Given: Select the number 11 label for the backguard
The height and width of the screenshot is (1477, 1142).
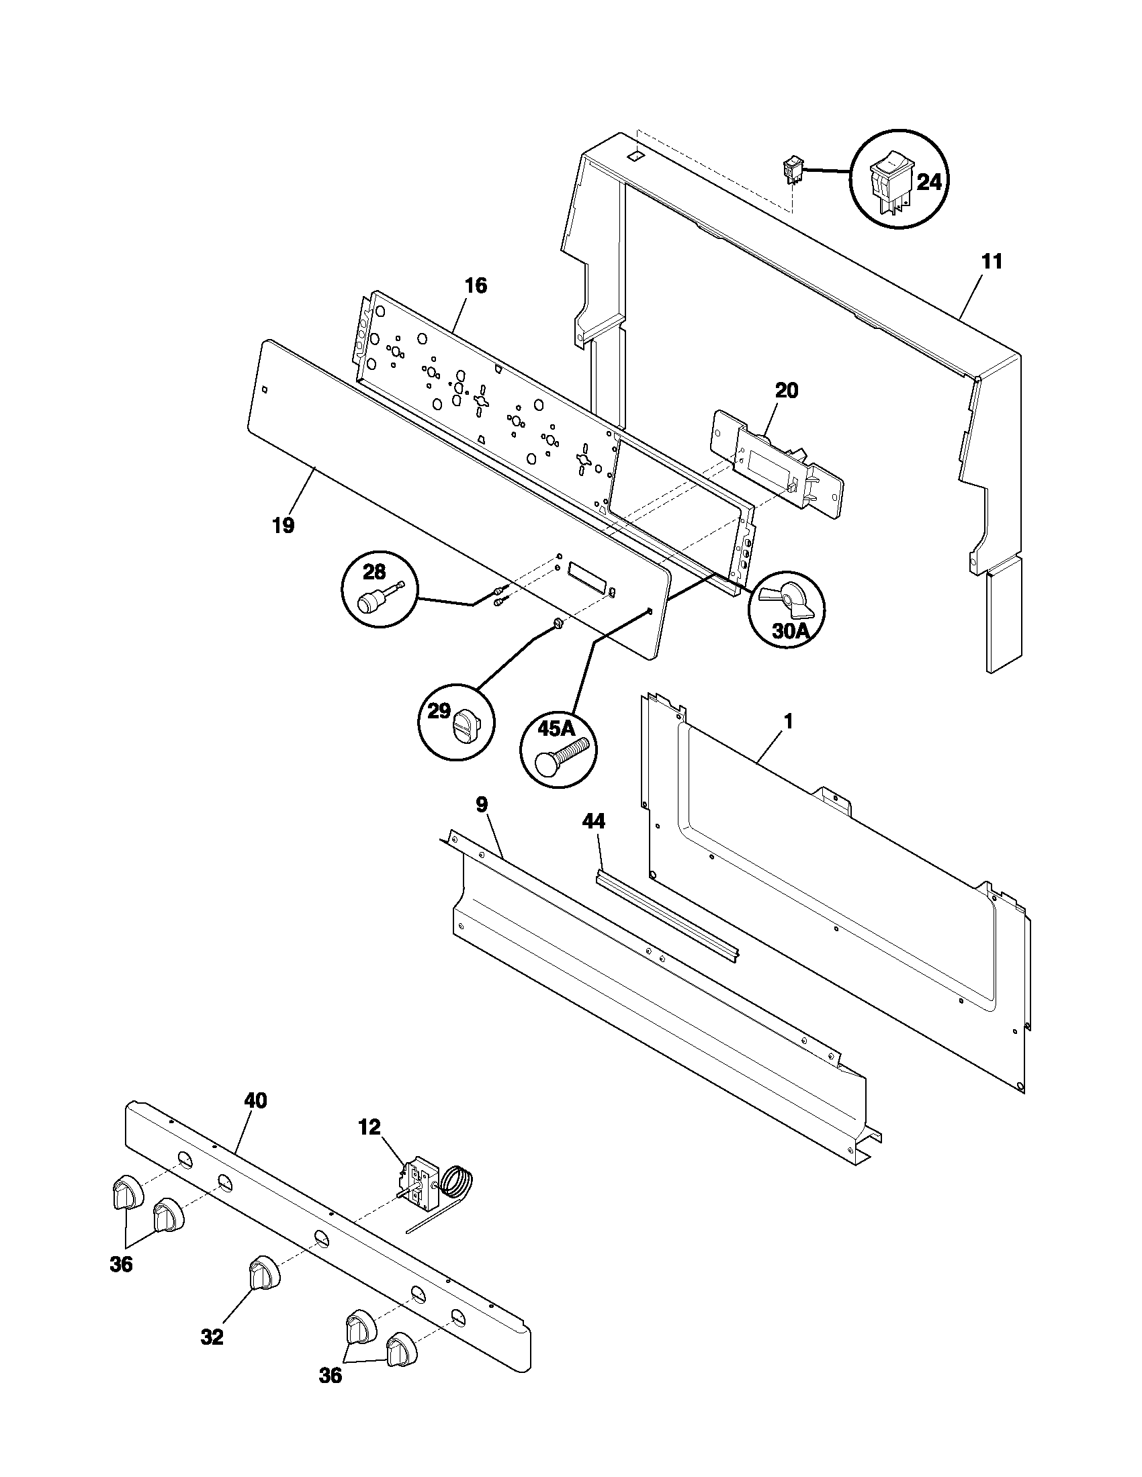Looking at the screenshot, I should point(992,261).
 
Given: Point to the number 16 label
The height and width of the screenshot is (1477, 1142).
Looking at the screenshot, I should point(476,285).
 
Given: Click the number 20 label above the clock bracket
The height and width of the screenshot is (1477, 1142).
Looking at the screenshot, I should point(785,390).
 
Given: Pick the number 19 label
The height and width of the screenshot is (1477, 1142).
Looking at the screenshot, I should point(283,525).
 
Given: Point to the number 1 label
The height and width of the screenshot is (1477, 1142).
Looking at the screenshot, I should point(787,721).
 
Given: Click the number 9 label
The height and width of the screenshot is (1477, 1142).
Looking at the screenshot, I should point(482,804).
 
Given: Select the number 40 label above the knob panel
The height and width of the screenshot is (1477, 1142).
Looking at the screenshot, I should point(255,1100).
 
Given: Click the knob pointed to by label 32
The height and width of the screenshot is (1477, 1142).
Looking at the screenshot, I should point(263,1274).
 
